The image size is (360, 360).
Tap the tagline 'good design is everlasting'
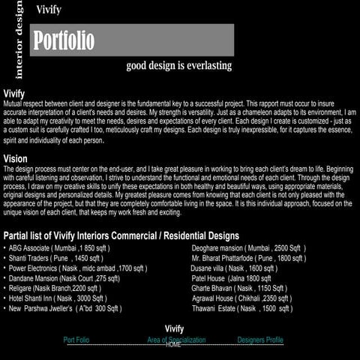(178, 65)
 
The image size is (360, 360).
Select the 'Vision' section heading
(16, 159)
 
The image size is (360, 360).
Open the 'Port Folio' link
(76, 340)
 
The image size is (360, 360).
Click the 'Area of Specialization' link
(176, 340)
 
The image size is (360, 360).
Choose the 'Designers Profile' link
(260, 340)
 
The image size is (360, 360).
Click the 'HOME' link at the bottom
(173, 345)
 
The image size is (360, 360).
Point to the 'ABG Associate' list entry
(59, 247)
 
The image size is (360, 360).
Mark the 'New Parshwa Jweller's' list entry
(64, 308)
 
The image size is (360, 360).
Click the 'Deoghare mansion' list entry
(248, 247)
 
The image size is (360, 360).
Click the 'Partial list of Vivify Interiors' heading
(121, 235)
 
